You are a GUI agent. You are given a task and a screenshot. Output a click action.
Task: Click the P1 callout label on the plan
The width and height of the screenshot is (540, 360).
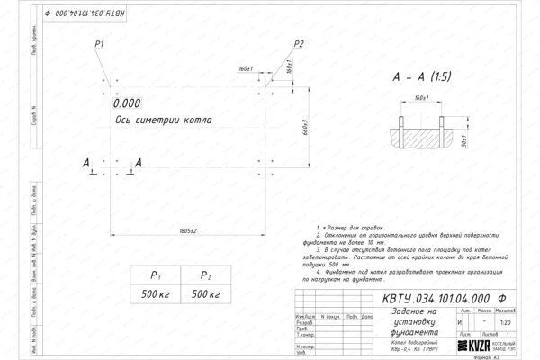click(100, 43)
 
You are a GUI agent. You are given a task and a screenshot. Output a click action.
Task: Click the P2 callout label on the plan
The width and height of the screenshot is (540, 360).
click(300, 43)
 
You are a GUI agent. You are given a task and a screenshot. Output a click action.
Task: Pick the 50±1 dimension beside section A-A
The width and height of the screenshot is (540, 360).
click(461, 141)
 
